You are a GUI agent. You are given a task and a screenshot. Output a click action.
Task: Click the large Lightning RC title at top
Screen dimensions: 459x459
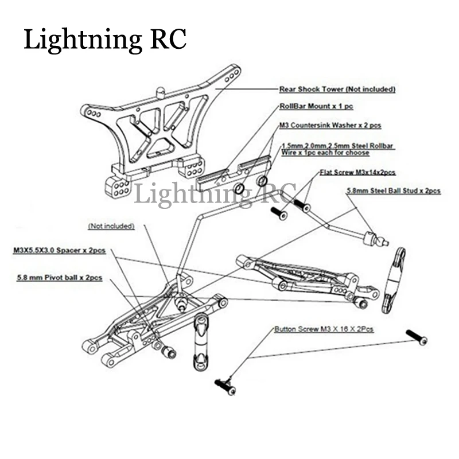click(x=105, y=40)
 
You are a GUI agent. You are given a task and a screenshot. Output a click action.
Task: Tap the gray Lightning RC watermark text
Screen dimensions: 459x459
click(x=215, y=194)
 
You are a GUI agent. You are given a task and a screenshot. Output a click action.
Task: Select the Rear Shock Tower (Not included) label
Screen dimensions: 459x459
click(x=337, y=89)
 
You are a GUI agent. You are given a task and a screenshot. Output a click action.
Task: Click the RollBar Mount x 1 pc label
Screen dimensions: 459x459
click(x=316, y=106)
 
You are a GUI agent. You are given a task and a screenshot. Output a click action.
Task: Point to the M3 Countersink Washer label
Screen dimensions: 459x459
click(x=330, y=125)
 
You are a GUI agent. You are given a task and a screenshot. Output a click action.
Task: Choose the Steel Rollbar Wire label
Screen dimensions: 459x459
click(x=337, y=149)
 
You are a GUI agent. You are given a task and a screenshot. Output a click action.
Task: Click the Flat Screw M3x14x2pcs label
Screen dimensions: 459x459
click(x=357, y=172)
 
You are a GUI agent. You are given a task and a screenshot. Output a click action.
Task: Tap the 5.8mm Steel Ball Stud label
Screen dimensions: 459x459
click(x=394, y=191)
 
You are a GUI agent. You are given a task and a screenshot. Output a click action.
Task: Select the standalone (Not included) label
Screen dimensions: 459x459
click(x=111, y=226)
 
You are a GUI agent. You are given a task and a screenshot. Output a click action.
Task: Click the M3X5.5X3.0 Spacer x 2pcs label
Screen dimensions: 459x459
click(x=60, y=251)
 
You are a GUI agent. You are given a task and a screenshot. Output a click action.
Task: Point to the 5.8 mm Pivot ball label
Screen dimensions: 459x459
click(x=60, y=278)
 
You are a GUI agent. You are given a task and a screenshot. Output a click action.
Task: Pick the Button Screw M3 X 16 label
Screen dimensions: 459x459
click(x=324, y=329)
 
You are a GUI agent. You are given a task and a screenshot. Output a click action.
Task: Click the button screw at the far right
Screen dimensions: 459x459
click(x=417, y=337)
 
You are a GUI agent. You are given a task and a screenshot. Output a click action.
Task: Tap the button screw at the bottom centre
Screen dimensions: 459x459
click(x=225, y=386)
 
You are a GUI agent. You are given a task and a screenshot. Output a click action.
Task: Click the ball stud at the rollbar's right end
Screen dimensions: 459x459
click(x=376, y=238)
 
